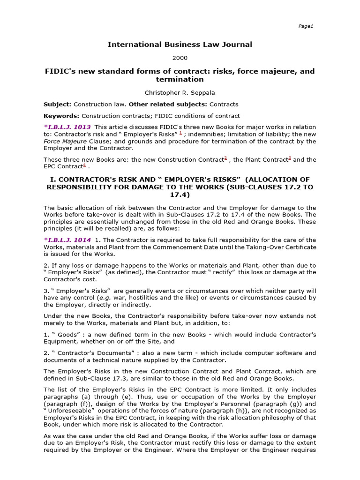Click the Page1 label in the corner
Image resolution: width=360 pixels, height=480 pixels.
point(305,26)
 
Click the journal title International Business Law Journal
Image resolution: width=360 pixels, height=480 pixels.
point(180,45)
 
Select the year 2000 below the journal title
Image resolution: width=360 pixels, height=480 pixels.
point(180,58)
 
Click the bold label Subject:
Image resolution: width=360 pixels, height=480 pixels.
point(58,104)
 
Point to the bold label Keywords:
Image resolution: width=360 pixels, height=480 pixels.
point(61,116)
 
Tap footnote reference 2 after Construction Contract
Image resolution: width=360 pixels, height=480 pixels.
point(225,158)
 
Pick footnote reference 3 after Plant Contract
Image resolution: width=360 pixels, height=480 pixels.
point(290,158)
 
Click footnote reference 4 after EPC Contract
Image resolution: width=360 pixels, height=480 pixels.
point(84,165)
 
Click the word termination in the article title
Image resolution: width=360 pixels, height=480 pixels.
point(180,80)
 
